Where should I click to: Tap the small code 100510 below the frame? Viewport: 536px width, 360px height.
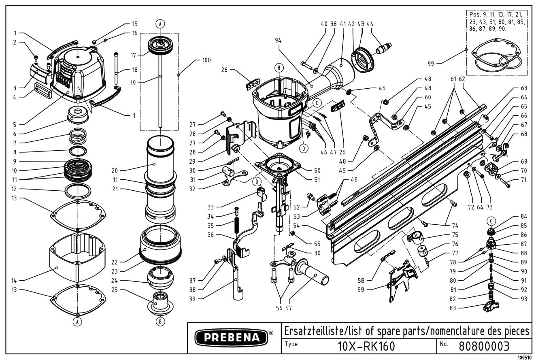pyautogui.click(x=525, y=357)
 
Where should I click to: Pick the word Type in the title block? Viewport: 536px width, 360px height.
pyautogui.click(x=292, y=344)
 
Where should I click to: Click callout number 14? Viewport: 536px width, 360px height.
pyautogui.click(x=15, y=280)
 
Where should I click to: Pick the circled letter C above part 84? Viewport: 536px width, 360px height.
pyautogui.click(x=491, y=221)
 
